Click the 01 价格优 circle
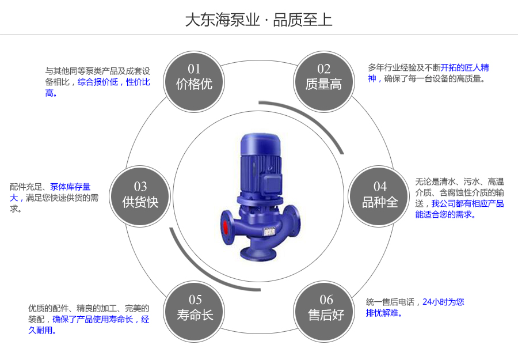194,78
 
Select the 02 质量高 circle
323,78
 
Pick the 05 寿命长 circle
195,308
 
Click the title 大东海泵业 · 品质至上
258,20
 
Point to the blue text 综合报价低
98,82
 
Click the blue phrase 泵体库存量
70,187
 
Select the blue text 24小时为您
443,301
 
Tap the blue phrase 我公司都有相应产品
467,203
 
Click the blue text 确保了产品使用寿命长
93,319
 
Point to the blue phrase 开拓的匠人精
465,67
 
